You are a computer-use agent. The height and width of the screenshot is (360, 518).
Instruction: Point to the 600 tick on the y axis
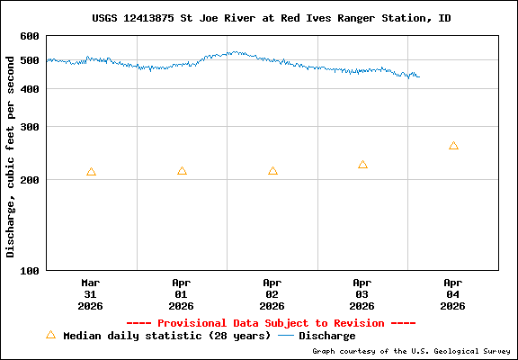[30, 36]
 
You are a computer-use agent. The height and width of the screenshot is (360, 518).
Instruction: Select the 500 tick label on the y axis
[30, 60]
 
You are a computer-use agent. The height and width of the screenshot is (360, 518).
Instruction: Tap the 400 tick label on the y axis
[30, 88]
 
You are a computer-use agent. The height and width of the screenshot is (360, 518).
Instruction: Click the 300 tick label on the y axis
[30, 127]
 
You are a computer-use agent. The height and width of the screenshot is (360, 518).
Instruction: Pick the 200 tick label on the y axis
[30, 180]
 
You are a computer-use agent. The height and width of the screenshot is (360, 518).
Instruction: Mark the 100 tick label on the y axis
[30, 270]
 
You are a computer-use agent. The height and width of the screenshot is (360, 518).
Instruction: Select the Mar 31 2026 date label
[91, 293]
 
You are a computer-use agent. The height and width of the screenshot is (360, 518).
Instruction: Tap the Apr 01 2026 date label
[182, 293]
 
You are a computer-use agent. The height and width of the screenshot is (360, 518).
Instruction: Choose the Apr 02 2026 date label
[272, 293]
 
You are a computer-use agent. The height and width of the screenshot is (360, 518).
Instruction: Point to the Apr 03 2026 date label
[362, 293]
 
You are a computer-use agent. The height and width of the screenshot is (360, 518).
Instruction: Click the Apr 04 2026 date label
[453, 293]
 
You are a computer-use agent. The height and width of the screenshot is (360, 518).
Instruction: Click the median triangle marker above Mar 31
[91, 172]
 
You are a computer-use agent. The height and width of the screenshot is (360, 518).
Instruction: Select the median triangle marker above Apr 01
[182, 171]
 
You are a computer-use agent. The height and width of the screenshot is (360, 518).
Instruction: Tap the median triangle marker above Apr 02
[272, 171]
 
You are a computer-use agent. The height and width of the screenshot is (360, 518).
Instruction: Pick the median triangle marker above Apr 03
[362, 165]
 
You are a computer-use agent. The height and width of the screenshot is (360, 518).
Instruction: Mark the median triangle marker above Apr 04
[453, 146]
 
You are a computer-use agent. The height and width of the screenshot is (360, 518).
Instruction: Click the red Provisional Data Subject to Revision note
[271, 323]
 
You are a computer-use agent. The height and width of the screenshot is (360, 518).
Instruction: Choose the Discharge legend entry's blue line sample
[286, 336]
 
